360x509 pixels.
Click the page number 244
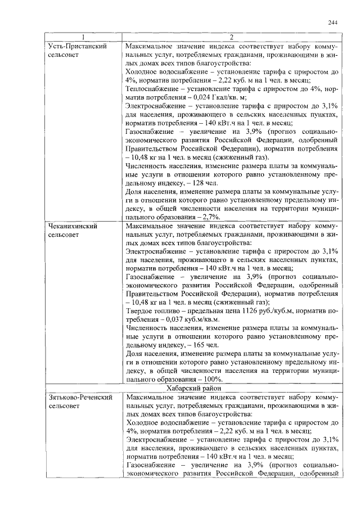[x=332, y=22]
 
